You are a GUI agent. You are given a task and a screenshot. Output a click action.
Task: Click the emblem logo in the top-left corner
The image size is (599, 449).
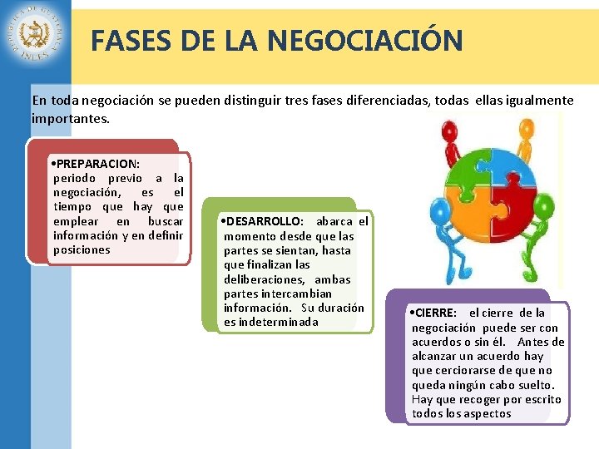(36, 36)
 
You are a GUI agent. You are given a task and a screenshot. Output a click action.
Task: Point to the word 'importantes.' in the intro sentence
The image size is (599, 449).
(70, 118)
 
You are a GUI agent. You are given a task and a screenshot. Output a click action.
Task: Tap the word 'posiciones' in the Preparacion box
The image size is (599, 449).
(82, 249)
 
